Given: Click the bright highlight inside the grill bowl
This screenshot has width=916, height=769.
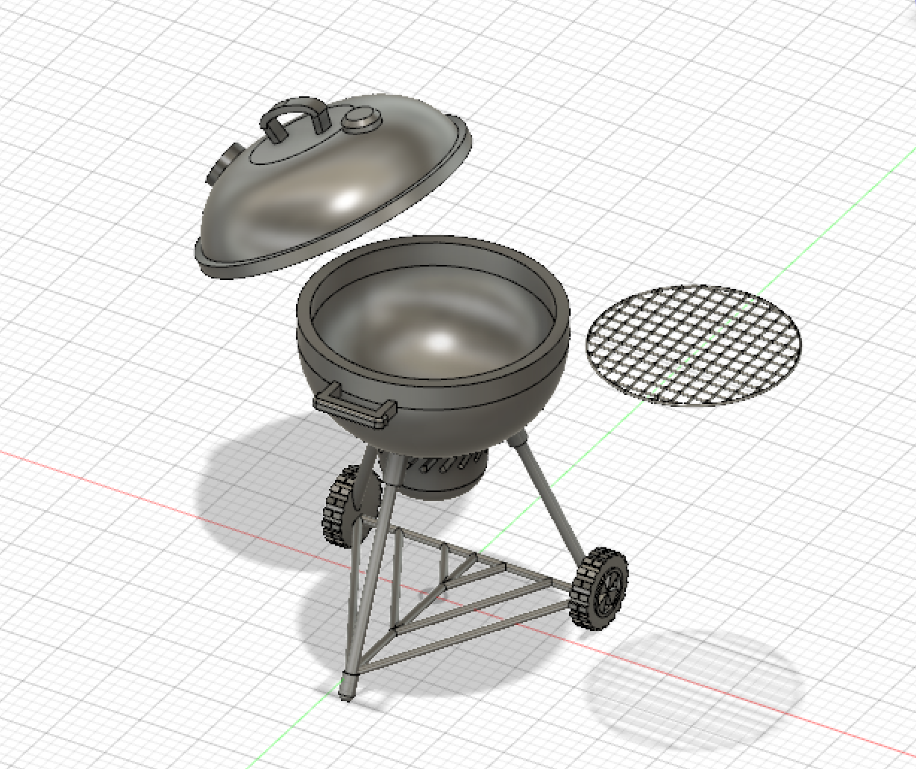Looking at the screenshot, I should click(x=440, y=342).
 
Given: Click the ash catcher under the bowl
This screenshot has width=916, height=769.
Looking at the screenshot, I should click(x=440, y=478).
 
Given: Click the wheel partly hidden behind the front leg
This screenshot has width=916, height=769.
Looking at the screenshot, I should click(x=339, y=508).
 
